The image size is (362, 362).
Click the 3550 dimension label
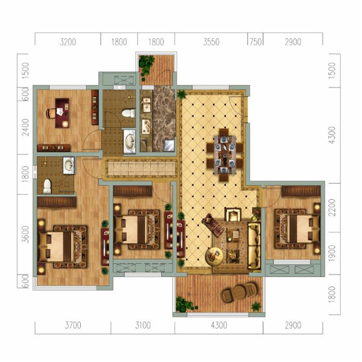[211, 42]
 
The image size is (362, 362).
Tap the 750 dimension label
[256, 42]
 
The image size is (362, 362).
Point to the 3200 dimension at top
[68, 42]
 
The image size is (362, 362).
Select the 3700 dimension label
[73, 326]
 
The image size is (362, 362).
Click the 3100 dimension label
[143, 326]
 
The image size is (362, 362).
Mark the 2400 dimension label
[25, 127]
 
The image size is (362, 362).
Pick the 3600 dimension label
[25, 234]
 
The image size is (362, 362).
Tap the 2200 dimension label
[332, 208]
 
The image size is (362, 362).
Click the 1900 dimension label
[332, 253]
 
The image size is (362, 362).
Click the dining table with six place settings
[225, 154]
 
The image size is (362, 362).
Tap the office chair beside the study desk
[51, 113]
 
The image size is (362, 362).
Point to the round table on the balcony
[239, 293]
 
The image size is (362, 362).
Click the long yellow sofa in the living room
[254, 246]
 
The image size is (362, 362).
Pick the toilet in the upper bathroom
[129, 113]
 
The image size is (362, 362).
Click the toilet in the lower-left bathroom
[47, 186]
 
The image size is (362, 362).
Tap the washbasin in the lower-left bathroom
[69, 165]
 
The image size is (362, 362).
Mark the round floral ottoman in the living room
[214, 256]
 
